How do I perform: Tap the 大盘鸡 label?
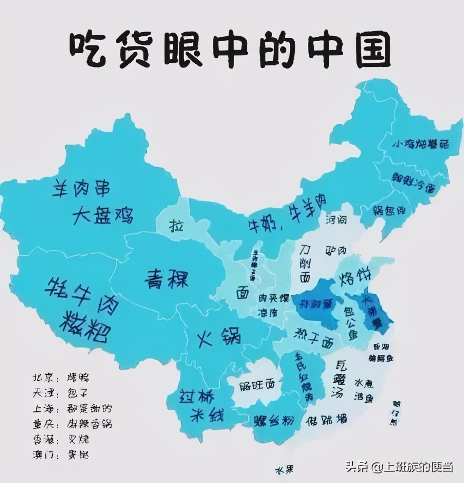(103, 215)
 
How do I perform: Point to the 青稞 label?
(167, 278)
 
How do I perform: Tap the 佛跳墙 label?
(326, 420)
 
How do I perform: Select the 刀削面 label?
(305, 262)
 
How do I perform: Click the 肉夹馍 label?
(273, 298)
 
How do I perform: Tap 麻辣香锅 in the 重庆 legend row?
(89, 423)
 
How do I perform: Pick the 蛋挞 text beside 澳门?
(78, 455)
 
